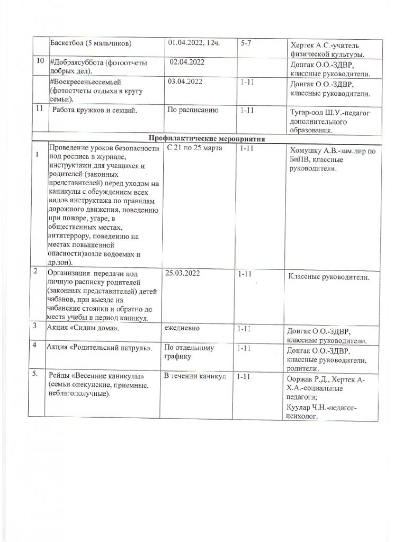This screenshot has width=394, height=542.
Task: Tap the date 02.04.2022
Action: pyautogui.click(x=187, y=62)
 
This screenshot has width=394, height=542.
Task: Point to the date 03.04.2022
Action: pyautogui.click(x=185, y=83)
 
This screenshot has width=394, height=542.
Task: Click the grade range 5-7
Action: pyautogui.click(x=246, y=42)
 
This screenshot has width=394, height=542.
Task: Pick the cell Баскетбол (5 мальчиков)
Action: pyautogui.click(x=89, y=42)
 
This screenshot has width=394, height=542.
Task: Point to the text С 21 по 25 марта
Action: pyautogui.click(x=193, y=148)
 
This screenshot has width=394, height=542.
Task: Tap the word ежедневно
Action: pyautogui.click(x=183, y=328)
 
